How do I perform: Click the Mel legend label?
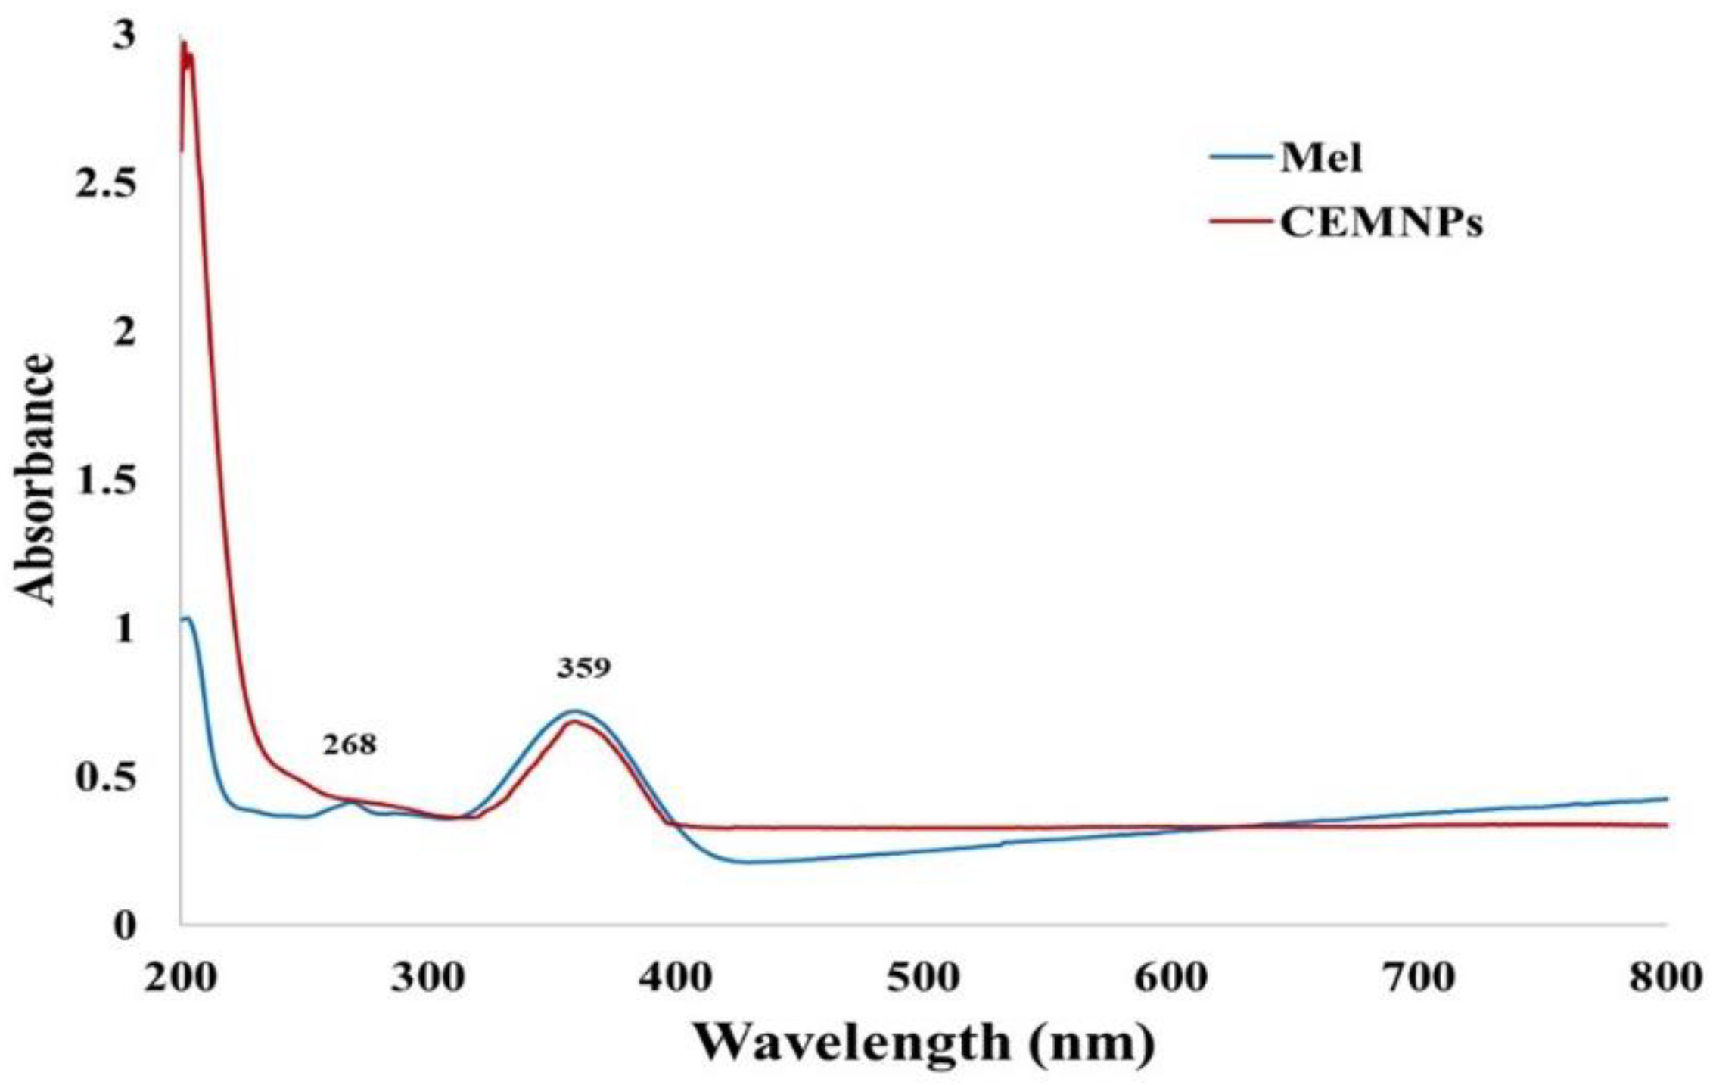(x=1320, y=159)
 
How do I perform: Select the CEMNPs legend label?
(x=1381, y=222)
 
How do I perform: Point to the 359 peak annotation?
(x=583, y=668)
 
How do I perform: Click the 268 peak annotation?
(x=349, y=745)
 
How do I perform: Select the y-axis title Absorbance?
(x=36, y=480)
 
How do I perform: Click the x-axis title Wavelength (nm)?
(x=925, y=1043)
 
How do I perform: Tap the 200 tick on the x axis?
(x=179, y=978)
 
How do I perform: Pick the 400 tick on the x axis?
(x=675, y=978)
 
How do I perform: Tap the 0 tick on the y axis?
(x=123, y=925)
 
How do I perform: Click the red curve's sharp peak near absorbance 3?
(x=183, y=44)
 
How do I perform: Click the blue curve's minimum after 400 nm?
(x=745, y=862)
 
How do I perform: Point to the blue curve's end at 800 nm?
(x=1667, y=798)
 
